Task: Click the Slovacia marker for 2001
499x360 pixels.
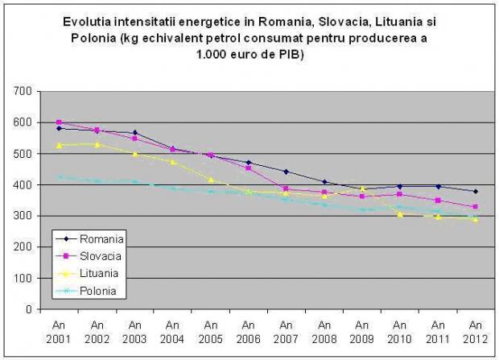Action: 60,122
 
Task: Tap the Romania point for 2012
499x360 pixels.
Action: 475,192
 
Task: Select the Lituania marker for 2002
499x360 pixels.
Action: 97,144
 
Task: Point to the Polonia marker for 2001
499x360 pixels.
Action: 60,177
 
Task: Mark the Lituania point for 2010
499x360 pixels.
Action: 399,214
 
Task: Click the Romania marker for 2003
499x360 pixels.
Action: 134,133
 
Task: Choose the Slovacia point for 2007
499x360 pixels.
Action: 286,188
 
